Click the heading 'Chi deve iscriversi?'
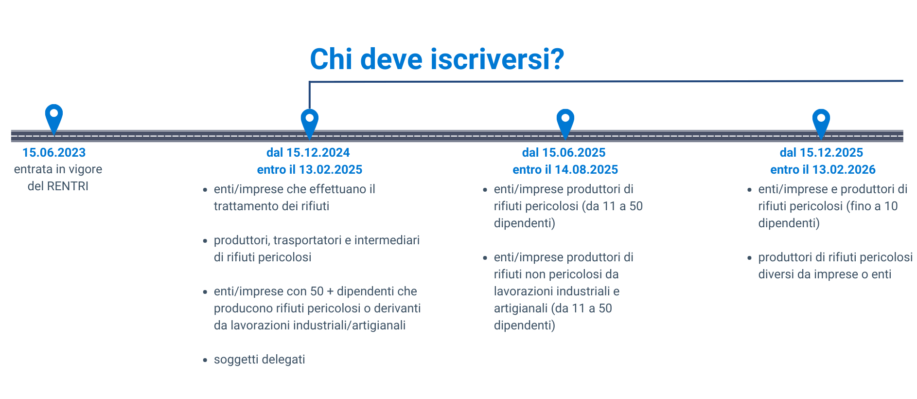437,59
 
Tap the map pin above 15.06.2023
54,117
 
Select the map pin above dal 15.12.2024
309,122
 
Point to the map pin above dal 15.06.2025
565,122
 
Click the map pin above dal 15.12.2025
821,122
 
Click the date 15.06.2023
54,153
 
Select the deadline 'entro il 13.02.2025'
310,170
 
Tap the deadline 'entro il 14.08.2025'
565,170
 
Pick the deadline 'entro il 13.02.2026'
823,170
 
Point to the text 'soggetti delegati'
259,360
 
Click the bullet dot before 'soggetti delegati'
205,361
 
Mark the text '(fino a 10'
872,206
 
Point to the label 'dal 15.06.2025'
564,153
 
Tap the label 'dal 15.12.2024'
308,153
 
